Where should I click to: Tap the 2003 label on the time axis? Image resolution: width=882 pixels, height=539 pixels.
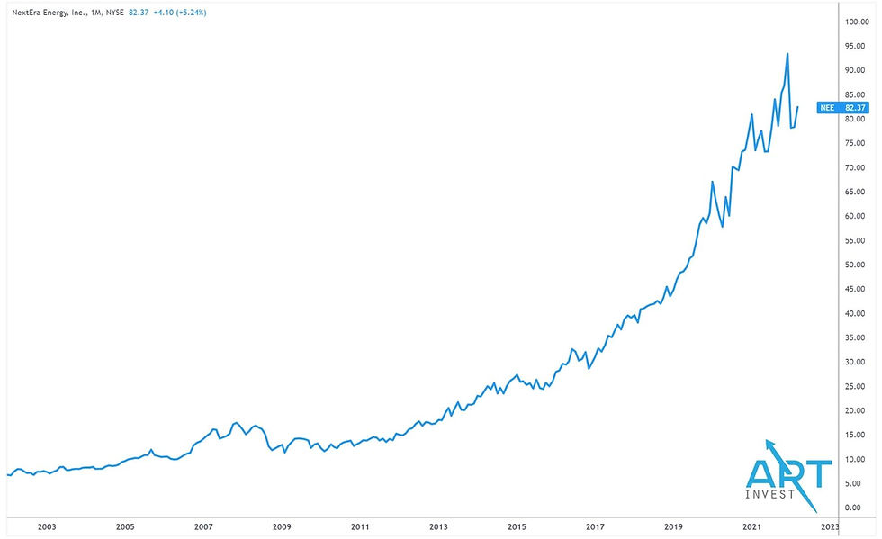pos(47,527)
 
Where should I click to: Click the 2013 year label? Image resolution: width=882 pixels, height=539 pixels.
pos(438,527)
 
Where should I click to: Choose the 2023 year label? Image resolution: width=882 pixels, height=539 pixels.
pos(830,527)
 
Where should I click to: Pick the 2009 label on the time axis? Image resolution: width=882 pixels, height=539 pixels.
pos(282,527)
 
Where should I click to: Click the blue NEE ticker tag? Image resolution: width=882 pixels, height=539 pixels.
pos(825,108)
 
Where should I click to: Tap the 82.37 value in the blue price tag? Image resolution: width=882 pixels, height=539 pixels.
pos(855,108)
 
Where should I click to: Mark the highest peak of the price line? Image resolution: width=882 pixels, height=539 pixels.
pos(787,54)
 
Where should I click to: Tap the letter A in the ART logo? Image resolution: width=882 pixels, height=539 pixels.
pos(763,474)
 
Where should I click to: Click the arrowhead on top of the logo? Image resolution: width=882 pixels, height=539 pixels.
pos(769,444)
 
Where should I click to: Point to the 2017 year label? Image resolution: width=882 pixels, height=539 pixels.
pos(595,527)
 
